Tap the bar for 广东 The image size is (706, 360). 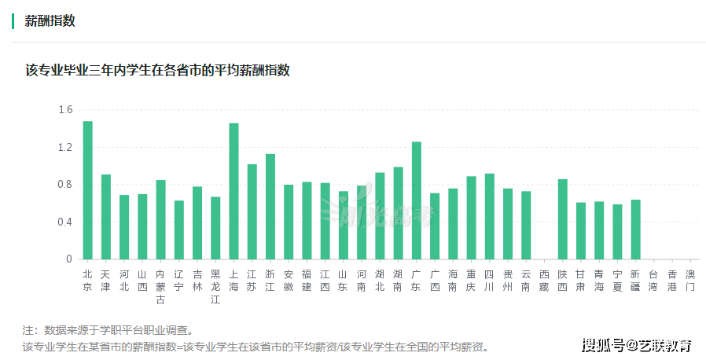tap(417, 200)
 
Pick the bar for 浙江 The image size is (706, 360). tap(270, 207)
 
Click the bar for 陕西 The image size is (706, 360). tap(563, 219)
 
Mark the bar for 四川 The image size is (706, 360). tap(490, 216)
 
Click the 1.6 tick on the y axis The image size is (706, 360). tap(65, 110)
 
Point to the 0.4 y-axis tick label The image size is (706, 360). tap(65, 222)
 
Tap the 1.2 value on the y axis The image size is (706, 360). tap(65, 147)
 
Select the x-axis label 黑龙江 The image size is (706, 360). tap(215, 286)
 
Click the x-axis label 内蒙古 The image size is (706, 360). tap(160, 286)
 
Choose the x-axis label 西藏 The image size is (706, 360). tap(545, 281)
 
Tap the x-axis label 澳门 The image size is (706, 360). tap(690, 281)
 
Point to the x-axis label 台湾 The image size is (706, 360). tap(654, 281)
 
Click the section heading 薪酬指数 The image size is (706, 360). tap(50, 21)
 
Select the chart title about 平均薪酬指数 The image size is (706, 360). tap(157, 71)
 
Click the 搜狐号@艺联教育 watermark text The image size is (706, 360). tap(637, 344)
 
